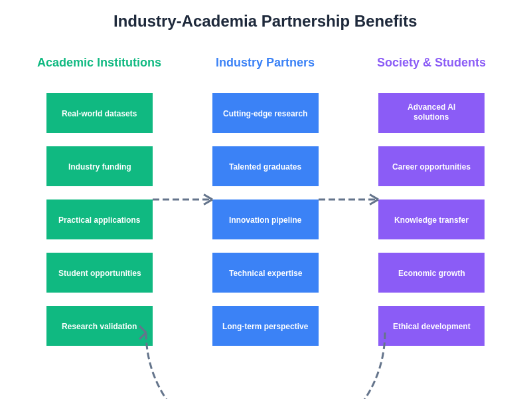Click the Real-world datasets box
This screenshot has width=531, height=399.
100,113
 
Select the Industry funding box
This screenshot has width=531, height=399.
100,166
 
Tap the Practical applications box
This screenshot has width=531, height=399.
100,219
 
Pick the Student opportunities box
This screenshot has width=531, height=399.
100,273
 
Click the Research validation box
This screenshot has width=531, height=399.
100,326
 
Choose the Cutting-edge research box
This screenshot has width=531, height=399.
265,113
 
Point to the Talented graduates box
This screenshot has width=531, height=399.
265,166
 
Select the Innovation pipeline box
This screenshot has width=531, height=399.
265,219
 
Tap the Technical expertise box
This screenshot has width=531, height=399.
265,273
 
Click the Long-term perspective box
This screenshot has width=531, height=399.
265,326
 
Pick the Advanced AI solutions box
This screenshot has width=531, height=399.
431,113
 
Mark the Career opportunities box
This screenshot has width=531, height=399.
431,166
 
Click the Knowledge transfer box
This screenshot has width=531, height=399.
431,219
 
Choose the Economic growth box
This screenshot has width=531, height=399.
431,273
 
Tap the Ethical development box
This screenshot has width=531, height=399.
431,326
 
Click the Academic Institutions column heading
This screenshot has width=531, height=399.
99,63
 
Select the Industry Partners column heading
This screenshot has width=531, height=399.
265,63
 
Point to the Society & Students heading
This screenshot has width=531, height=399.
431,63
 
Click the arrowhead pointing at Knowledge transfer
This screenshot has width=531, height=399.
374,199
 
